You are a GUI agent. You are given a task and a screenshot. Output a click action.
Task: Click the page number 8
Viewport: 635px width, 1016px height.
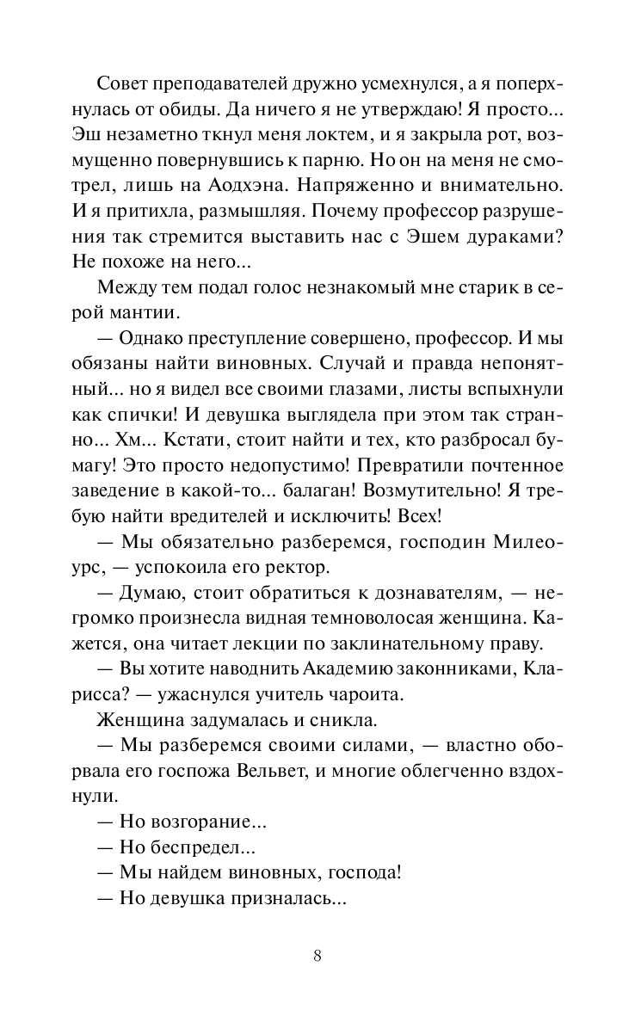tap(317, 956)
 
